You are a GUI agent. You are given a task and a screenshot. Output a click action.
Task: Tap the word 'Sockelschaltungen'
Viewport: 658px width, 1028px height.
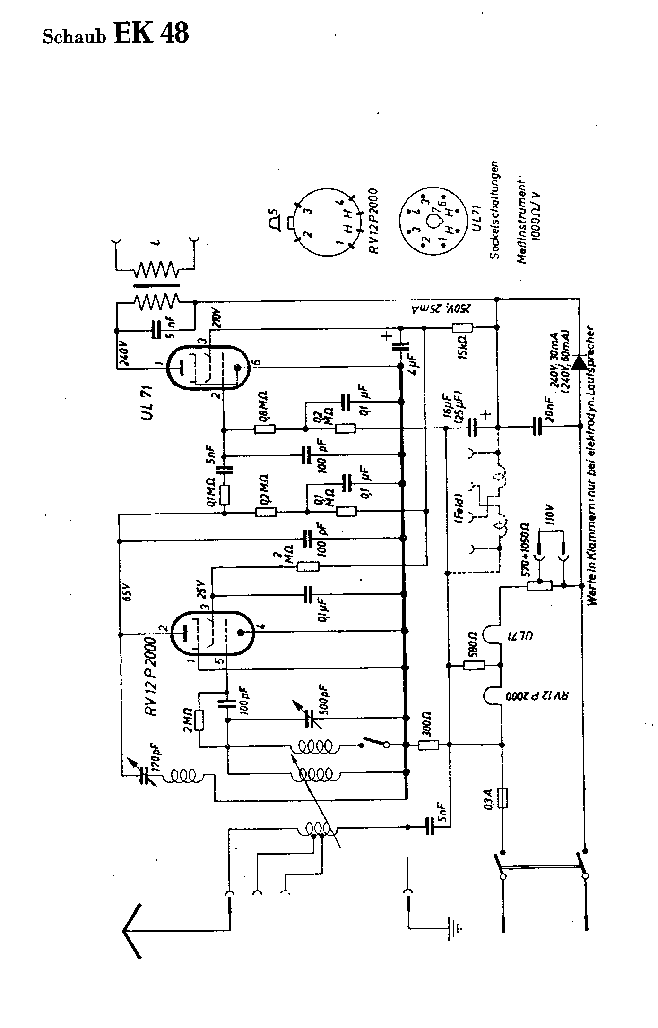click(494, 210)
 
